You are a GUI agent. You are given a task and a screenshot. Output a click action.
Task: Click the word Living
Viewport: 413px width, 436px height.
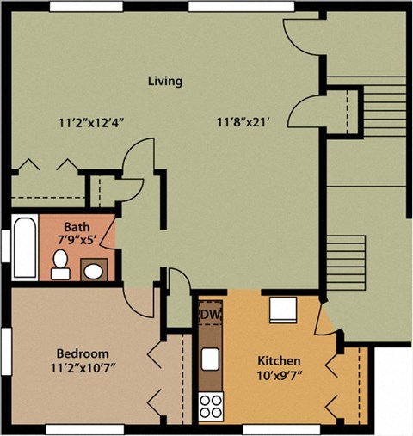click(164, 82)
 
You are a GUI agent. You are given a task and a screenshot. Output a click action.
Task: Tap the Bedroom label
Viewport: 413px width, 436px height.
click(83, 353)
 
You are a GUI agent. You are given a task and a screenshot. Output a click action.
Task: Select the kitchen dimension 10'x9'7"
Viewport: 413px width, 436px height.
click(279, 375)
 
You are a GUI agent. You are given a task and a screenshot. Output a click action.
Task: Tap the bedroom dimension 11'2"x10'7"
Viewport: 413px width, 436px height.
click(84, 368)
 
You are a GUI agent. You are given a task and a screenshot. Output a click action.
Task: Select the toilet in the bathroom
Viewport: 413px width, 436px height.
click(60, 265)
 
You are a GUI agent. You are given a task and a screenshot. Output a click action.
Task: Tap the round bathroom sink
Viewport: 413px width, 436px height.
click(93, 272)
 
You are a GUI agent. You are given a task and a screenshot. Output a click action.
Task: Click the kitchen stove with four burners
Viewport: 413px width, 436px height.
click(211, 405)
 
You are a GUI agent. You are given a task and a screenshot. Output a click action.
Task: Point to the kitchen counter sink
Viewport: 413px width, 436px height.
click(210, 358)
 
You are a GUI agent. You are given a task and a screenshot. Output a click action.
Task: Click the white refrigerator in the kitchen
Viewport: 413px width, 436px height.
click(283, 309)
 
